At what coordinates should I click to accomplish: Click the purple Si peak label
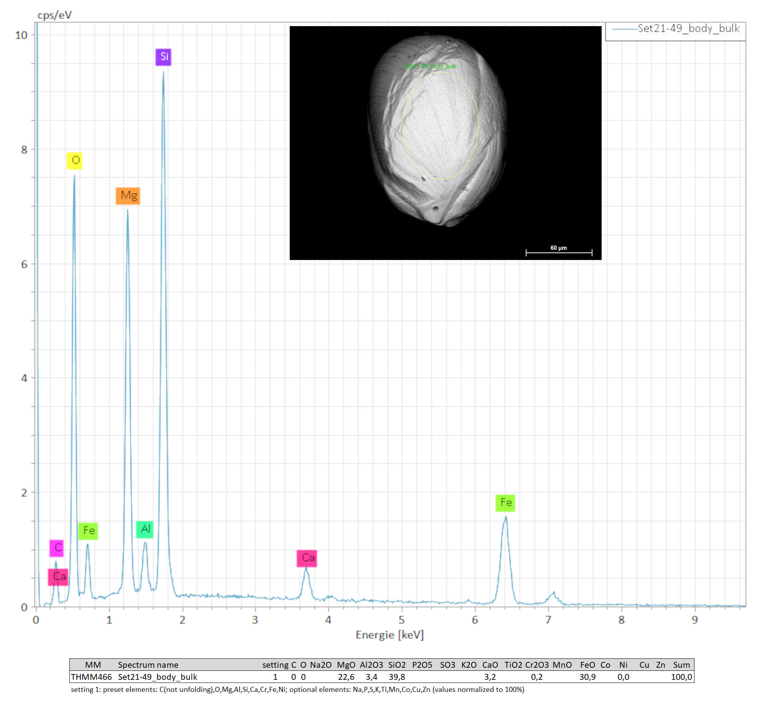pyautogui.click(x=163, y=57)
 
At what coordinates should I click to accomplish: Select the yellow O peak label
pyautogui.click(x=74, y=161)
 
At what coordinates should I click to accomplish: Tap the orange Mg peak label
pyautogui.click(x=128, y=196)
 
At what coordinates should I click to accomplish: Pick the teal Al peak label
pyautogui.click(x=145, y=529)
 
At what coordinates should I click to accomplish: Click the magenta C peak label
pyautogui.click(x=57, y=548)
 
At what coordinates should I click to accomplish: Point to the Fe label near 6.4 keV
pyautogui.click(x=505, y=503)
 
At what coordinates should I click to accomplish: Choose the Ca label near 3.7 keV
pyautogui.click(x=307, y=558)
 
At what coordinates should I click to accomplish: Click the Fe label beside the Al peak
pyautogui.click(x=88, y=531)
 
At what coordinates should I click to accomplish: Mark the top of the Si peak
pyautogui.click(x=163, y=72)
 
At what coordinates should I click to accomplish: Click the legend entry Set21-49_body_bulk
pyautogui.click(x=688, y=28)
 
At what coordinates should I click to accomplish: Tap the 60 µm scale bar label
pyautogui.click(x=558, y=248)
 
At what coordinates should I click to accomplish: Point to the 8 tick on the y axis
pyautogui.click(x=24, y=150)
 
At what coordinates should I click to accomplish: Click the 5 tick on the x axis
pyautogui.click(x=402, y=620)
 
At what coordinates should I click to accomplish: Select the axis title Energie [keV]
pyautogui.click(x=390, y=635)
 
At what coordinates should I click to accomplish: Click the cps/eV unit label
pyautogui.click(x=55, y=15)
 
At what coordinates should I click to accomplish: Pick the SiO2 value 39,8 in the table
pyautogui.click(x=397, y=677)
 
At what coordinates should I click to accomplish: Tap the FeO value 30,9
pyautogui.click(x=587, y=677)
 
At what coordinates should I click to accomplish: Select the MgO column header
pyautogui.click(x=346, y=665)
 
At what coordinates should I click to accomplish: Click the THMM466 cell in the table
pyautogui.click(x=91, y=677)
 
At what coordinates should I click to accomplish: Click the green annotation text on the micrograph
pyautogui.click(x=430, y=66)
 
